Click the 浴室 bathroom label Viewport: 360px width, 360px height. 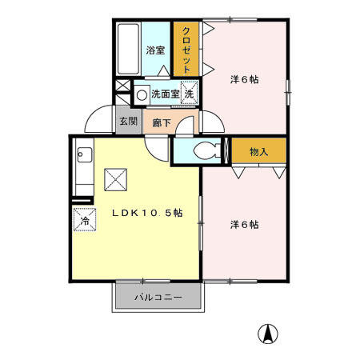pyautogui.click(x=155, y=50)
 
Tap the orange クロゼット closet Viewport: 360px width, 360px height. pyautogui.click(x=186, y=50)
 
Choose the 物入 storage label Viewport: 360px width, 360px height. pyautogui.click(x=258, y=151)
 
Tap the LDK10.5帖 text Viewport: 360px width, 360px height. pyautogui.click(x=147, y=213)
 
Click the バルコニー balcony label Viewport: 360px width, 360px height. pyautogui.click(x=158, y=298)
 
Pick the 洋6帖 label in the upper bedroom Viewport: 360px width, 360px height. pyautogui.click(x=244, y=79)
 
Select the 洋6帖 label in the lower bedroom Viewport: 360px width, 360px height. pyautogui.click(x=244, y=225)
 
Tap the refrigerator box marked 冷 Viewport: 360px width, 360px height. pyautogui.click(x=82, y=219)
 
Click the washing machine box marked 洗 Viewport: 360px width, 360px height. pyautogui.click(x=189, y=94)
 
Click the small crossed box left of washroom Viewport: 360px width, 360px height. pyautogui.click(x=122, y=86)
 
